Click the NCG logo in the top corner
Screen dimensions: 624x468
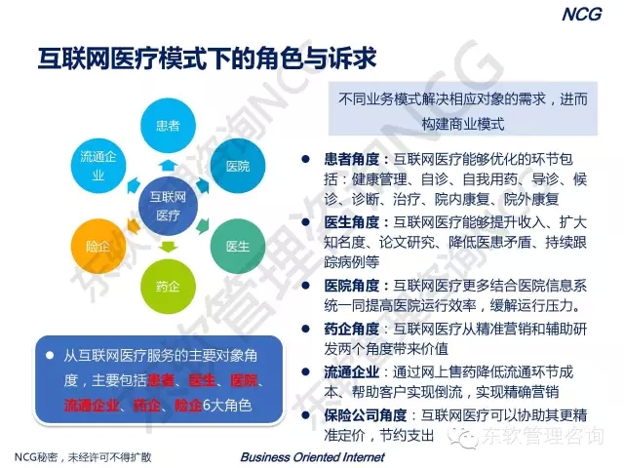pyautogui.click(x=582, y=15)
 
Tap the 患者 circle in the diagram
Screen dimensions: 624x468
pyautogui.click(x=168, y=126)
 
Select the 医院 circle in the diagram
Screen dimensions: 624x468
pyautogui.click(x=238, y=166)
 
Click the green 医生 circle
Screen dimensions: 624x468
pyautogui.click(x=238, y=247)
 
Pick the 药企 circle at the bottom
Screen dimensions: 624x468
pyautogui.click(x=168, y=287)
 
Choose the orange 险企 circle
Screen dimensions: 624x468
pyautogui.click(x=98, y=247)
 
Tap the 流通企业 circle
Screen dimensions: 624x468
pyautogui.click(x=98, y=166)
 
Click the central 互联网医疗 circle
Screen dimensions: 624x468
pyautogui.click(x=168, y=206)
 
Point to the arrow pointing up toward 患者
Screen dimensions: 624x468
pyautogui.click(x=168, y=166)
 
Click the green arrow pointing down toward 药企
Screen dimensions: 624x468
pyautogui.click(x=168, y=247)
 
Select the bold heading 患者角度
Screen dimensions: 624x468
pyautogui.click(x=351, y=159)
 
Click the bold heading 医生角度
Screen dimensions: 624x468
pyautogui.click(x=351, y=222)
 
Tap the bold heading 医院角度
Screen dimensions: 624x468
pyautogui.click(x=351, y=286)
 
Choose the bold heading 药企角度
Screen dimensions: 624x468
pyautogui.click(x=351, y=329)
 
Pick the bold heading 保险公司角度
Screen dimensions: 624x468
pyautogui.click(x=366, y=415)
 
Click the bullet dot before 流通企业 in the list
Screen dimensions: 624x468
pyautogui.click(x=305, y=371)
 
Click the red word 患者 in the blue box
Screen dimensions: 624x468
pyautogui.click(x=161, y=380)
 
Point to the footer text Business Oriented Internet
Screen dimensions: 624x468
pyautogui.click(x=312, y=457)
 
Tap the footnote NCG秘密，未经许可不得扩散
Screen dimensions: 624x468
pyautogui.click(x=83, y=457)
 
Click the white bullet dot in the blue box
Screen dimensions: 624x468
pyautogui.click(x=50, y=355)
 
